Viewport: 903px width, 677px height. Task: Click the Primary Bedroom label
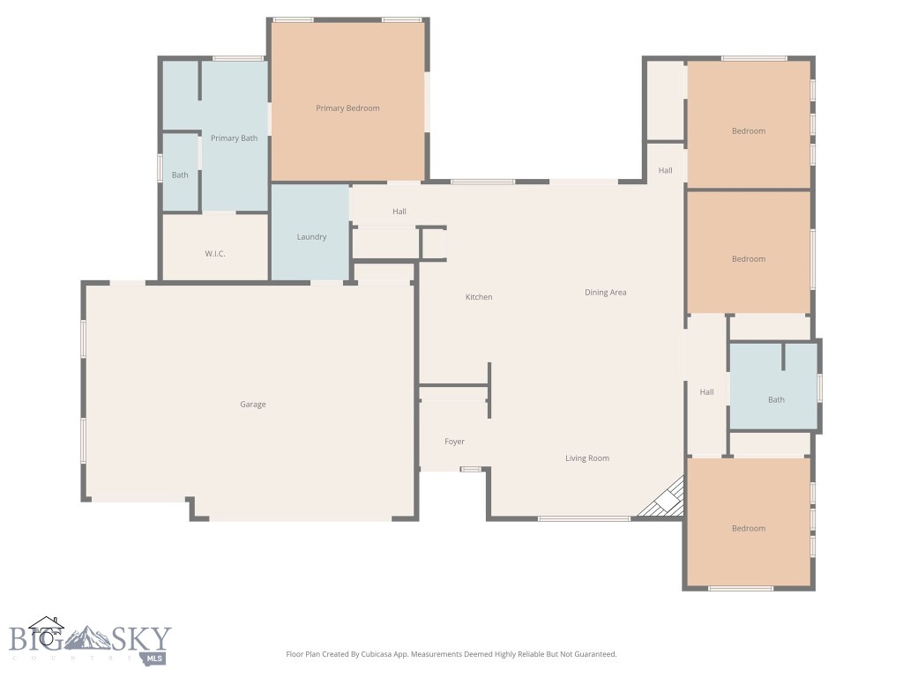[347, 108]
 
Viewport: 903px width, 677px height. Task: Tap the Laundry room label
[311, 237]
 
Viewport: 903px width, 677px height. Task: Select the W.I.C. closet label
[215, 254]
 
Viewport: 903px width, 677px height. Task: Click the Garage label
[253, 405]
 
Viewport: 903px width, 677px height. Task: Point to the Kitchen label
[479, 297]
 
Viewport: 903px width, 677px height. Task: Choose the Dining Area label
[605, 292]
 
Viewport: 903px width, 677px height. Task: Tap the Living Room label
[587, 458]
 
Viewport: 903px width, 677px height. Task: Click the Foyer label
[454, 442]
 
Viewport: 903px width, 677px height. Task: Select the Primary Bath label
[234, 138]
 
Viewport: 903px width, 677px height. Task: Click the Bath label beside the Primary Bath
[180, 175]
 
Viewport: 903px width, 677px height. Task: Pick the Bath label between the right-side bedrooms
[776, 400]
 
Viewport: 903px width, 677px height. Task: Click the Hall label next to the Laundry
[399, 212]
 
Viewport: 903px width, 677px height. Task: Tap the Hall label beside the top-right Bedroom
[665, 170]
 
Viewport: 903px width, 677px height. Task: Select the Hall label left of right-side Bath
[706, 392]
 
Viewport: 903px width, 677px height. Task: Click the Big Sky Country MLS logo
[88, 640]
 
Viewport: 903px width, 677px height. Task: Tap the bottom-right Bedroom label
[749, 529]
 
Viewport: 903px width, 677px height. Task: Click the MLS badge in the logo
[155, 658]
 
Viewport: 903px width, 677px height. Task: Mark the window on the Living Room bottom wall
[584, 518]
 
